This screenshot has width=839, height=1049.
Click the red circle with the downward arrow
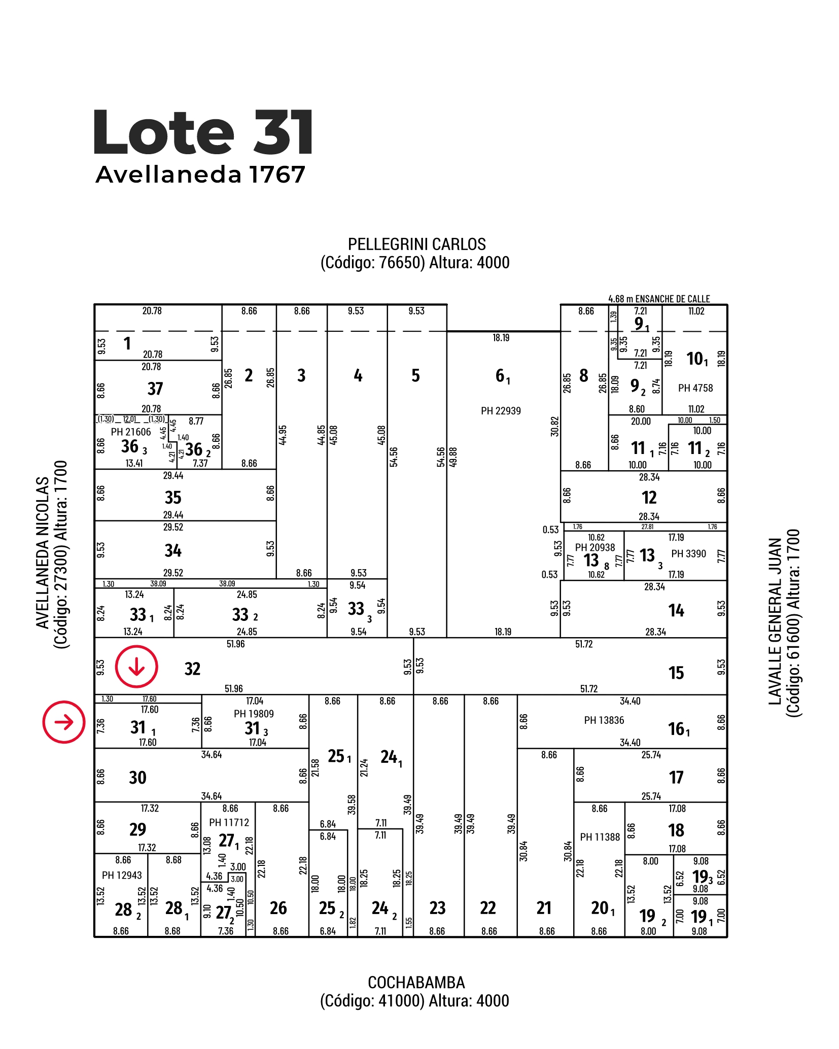[x=136, y=667]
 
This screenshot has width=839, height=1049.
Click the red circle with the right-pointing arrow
[x=63, y=722]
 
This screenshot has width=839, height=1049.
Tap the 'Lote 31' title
[x=202, y=132]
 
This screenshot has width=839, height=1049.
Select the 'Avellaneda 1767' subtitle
[x=200, y=174]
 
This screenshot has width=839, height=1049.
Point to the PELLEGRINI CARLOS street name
[x=416, y=244]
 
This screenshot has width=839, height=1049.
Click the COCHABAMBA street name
[x=416, y=983]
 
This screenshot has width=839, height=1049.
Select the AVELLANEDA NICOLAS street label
[x=43, y=553]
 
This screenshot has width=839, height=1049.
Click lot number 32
[x=192, y=669]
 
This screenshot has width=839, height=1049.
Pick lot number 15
[x=676, y=673]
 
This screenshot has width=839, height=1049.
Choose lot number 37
[x=155, y=389]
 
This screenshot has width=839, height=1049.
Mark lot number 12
[x=649, y=498]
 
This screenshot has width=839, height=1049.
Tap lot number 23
[x=437, y=908]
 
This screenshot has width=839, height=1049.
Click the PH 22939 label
[x=501, y=411]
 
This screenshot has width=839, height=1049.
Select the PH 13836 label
[x=604, y=720]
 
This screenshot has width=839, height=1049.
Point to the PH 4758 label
[x=695, y=388]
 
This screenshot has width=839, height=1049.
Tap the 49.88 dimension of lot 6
[x=453, y=457]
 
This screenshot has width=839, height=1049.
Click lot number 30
[x=137, y=778]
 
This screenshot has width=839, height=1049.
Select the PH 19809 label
[x=254, y=714]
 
